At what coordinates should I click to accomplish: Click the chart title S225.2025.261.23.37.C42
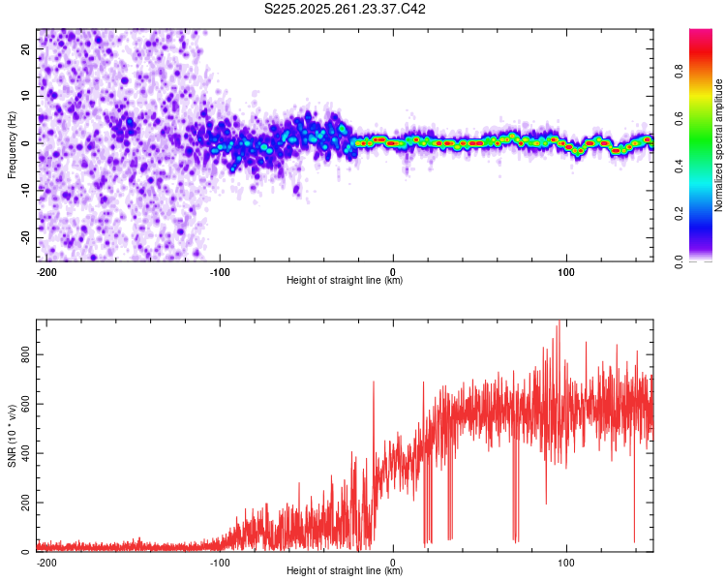(346, 10)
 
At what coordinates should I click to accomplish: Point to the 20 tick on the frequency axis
(26, 47)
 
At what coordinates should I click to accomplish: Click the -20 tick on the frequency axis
(24, 237)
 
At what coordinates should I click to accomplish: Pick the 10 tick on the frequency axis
(26, 95)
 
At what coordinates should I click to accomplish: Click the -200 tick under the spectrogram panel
(45, 270)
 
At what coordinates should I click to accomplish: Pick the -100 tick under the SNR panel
(219, 562)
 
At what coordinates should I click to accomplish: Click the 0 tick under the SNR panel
(393, 562)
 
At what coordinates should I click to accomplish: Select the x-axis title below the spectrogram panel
(345, 281)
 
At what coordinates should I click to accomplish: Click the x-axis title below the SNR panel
(345, 572)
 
